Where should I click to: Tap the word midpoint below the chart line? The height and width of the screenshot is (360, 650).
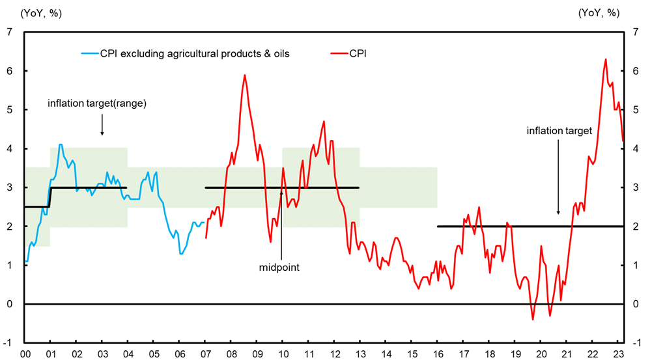click(x=279, y=267)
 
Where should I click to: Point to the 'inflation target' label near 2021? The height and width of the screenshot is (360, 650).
click(x=559, y=131)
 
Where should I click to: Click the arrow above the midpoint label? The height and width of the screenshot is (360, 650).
click(x=281, y=221)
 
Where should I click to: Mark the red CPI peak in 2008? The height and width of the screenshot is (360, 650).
click(x=244, y=75)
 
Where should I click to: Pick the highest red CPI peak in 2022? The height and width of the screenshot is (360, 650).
click(x=606, y=59)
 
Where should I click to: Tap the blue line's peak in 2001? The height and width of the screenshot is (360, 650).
click(x=61, y=145)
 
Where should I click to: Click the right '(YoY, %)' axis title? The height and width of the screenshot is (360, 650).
click(x=600, y=12)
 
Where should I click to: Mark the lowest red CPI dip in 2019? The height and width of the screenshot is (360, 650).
click(x=533, y=320)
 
